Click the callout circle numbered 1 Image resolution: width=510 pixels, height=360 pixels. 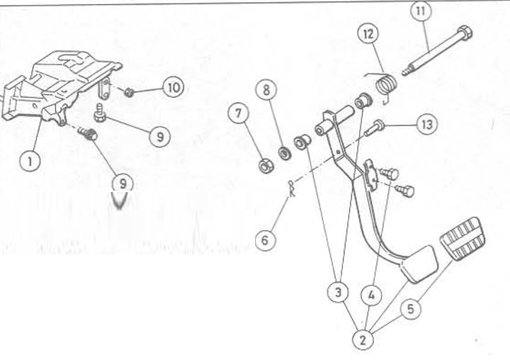coord(30,161)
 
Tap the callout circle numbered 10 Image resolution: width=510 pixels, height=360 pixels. coord(174,87)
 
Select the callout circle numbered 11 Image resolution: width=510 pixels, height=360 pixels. coord(421,11)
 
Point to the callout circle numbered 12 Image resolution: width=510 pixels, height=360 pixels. coord(368,34)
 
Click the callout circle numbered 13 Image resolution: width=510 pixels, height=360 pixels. coord(426,124)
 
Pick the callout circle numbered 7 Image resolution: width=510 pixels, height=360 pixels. coord(239,113)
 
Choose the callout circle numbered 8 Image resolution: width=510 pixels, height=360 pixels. coord(266,90)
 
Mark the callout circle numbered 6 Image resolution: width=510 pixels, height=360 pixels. coord(265,240)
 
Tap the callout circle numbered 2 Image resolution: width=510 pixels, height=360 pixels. coord(363,340)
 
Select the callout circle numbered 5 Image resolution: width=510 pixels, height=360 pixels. coord(410,309)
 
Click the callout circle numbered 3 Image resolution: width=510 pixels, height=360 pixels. coord(338,292)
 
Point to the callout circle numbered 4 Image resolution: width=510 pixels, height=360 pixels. coord(371,296)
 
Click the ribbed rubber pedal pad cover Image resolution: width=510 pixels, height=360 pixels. coord(463,239)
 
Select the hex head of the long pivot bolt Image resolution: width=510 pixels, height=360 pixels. coord(464,33)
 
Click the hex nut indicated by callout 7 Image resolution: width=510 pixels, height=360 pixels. coord(266,166)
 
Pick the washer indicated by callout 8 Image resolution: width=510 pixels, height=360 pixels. coord(284,153)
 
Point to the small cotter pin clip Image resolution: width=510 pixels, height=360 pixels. coord(292,189)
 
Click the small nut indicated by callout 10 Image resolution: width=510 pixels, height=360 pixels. coord(130,92)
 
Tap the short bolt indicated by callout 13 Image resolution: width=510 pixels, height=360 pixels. coord(373,128)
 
